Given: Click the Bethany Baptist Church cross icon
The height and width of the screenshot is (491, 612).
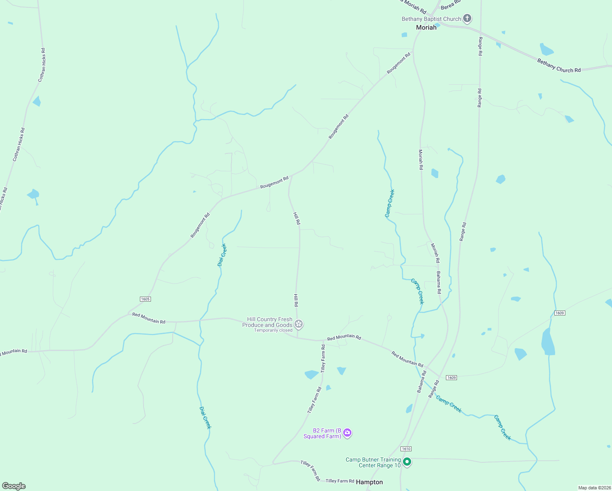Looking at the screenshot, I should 467,18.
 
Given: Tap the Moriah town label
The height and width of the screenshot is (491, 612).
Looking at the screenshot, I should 426,27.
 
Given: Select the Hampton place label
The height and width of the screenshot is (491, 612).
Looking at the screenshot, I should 369,482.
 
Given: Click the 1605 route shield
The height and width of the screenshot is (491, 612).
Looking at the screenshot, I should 145,299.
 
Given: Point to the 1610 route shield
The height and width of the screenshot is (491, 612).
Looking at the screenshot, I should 406,449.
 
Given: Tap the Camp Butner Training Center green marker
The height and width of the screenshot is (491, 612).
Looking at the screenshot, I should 407,462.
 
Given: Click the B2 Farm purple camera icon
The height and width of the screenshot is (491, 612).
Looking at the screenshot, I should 347,433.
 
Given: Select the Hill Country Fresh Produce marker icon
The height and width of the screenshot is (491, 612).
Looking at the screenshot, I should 299,324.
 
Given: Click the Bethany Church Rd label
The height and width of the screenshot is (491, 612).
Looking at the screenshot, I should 559,66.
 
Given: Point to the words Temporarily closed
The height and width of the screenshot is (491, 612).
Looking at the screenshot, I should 273,330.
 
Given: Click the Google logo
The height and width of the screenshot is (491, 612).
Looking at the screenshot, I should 14,486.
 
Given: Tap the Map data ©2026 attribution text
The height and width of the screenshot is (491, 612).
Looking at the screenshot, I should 594,488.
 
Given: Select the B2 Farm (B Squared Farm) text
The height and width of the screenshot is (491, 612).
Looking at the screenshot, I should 322,433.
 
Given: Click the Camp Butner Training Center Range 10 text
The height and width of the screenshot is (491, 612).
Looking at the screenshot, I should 373,462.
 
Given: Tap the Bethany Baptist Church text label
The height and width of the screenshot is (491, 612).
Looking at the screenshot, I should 431,19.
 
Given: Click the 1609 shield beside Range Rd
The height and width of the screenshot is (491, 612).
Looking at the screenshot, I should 451,378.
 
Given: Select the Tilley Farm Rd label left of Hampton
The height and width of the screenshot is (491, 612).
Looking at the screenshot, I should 340,481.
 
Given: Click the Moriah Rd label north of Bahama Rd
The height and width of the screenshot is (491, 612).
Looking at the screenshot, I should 435,253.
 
